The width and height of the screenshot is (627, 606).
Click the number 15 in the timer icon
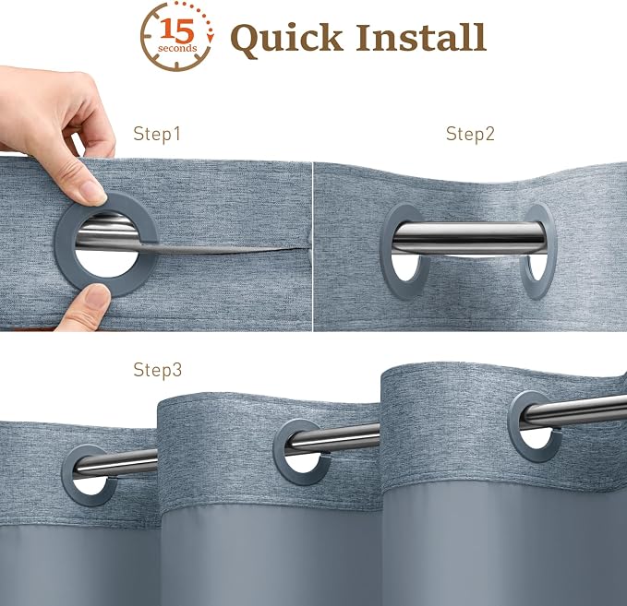[x=177, y=30]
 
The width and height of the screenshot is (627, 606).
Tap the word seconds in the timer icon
[x=177, y=48]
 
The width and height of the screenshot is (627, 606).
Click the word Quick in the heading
[x=286, y=39]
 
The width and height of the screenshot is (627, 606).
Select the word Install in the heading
[x=421, y=37]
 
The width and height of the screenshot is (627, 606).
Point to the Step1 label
[x=157, y=134]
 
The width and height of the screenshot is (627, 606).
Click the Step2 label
[x=470, y=134]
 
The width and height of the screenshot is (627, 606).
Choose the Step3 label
[x=158, y=370]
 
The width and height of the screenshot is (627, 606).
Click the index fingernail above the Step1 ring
[x=93, y=193]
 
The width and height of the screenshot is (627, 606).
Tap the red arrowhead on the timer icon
[x=211, y=38]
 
